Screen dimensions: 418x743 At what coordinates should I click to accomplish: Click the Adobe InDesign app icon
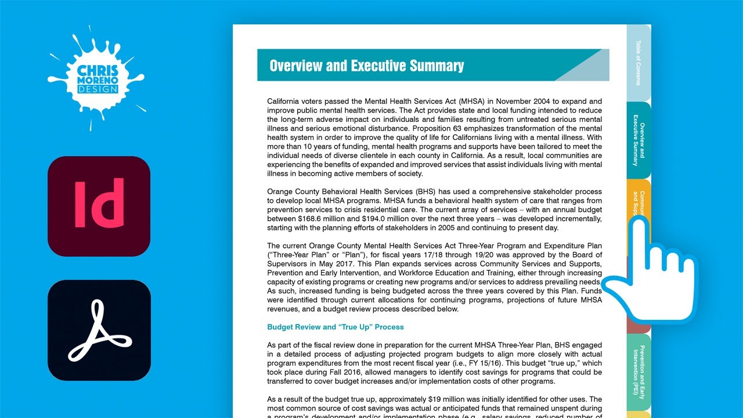[99, 206]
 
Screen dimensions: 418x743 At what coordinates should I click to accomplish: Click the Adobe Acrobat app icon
[99, 330]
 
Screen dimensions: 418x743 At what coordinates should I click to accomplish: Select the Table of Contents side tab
[638, 62]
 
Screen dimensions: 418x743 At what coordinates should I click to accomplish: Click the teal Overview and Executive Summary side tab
[638, 140]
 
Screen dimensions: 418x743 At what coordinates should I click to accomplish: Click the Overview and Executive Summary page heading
[366, 66]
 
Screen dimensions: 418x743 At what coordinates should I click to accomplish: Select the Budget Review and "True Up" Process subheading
[336, 327]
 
